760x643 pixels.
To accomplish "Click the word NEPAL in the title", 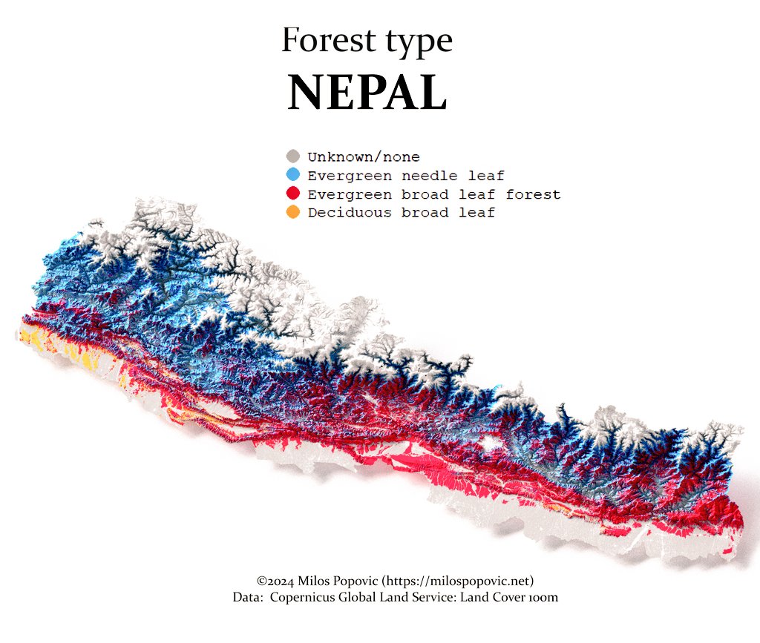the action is tap(367, 93).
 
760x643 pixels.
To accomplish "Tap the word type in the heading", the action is tap(415, 42).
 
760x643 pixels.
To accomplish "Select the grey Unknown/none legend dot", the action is tap(293, 156).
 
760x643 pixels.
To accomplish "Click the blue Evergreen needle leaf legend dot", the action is tap(293, 175).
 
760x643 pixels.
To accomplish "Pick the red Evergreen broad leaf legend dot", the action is tap(293, 194).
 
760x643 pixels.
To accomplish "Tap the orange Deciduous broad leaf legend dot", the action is tap(293, 213).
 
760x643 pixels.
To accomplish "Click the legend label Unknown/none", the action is tap(364, 157).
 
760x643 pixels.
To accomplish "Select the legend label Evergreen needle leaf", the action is tap(406, 176).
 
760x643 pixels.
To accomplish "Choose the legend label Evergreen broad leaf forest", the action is tap(434, 195).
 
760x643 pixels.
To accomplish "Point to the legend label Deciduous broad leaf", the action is tap(402, 213).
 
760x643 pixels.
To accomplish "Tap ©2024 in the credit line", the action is tap(273, 581).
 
